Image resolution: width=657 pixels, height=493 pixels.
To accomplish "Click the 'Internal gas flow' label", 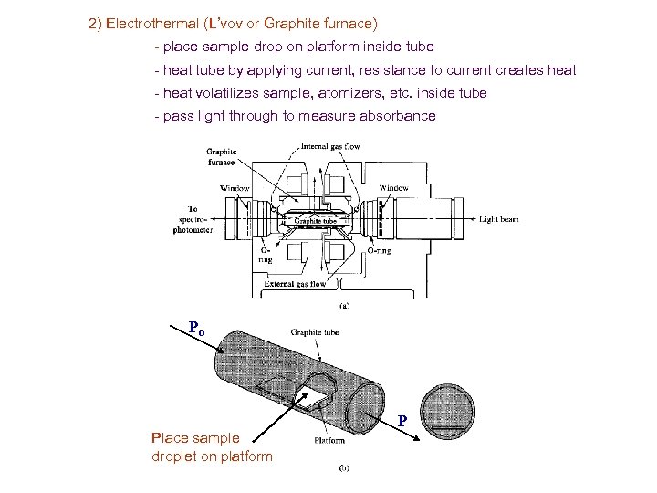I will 330,146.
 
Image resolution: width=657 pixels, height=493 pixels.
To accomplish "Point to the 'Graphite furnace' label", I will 222,156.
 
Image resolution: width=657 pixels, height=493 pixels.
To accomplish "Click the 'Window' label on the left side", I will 234,189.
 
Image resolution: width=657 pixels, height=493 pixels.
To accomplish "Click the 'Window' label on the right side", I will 394,188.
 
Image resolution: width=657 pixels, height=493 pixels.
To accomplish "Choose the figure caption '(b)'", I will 345,468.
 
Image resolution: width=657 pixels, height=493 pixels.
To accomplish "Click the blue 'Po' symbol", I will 195,328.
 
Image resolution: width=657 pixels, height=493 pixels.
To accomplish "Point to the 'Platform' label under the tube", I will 328,440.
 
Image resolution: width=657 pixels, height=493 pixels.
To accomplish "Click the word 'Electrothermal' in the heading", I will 146,22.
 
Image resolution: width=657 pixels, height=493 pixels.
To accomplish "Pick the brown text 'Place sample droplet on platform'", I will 212,446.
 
